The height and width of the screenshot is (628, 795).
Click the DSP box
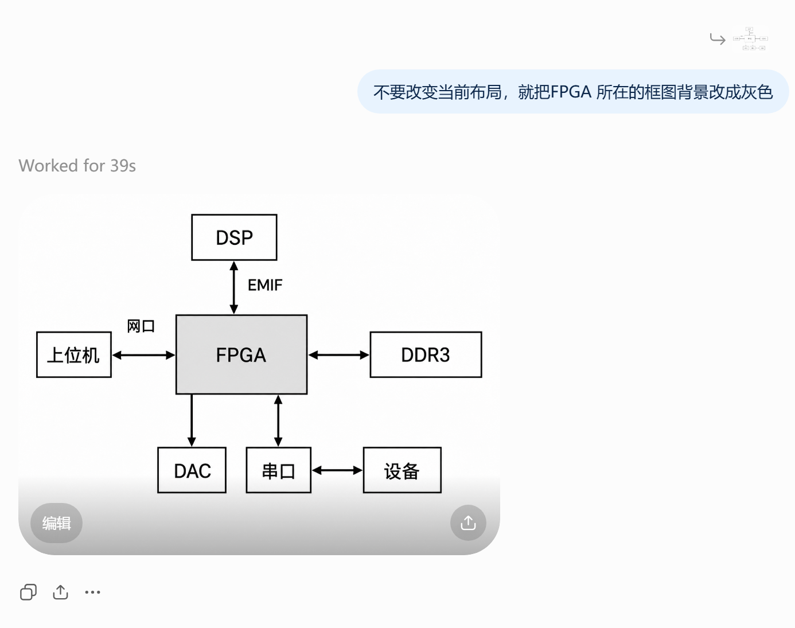[234, 237]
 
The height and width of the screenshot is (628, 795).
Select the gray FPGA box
[241, 354]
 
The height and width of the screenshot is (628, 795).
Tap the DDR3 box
[426, 354]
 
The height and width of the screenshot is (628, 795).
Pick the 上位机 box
[74, 354]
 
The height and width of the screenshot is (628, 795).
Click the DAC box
[192, 470]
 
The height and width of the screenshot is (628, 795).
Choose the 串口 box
[279, 470]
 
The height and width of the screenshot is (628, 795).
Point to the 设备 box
[402, 470]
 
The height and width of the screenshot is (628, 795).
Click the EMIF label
[265, 285]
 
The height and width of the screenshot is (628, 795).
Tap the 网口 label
[141, 326]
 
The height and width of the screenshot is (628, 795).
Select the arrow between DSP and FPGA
[234, 288]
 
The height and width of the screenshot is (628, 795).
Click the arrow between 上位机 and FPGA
[143, 355]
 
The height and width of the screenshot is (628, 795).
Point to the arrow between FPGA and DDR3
[339, 355]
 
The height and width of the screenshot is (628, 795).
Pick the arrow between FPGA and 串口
[279, 421]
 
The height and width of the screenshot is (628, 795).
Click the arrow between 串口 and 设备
[337, 470]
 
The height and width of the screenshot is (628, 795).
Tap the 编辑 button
[57, 523]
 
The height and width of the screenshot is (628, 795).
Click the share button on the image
[468, 522]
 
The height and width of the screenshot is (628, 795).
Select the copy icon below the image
[29, 592]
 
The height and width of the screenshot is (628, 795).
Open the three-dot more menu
[92, 592]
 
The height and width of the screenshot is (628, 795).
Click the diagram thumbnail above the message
[751, 38]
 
